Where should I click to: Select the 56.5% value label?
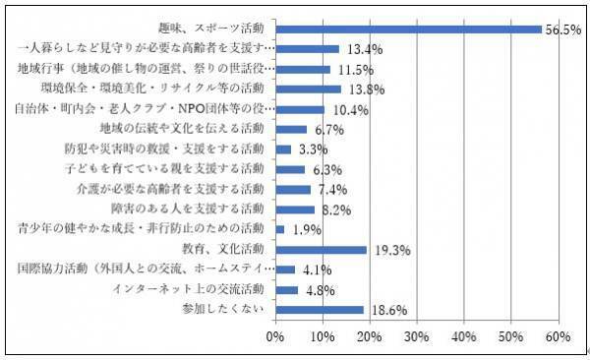tap(564, 30)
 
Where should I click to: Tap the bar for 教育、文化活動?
tap(321, 250)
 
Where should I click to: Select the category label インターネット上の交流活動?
tap(190, 290)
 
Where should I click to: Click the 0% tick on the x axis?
tap(275, 337)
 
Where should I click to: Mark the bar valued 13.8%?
tap(308, 89)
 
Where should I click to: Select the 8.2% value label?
tap(335, 210)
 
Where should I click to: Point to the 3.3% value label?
tap(312, 150)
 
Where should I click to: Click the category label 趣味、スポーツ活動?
tap(211, 29)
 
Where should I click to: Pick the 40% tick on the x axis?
tap(463, 337)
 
